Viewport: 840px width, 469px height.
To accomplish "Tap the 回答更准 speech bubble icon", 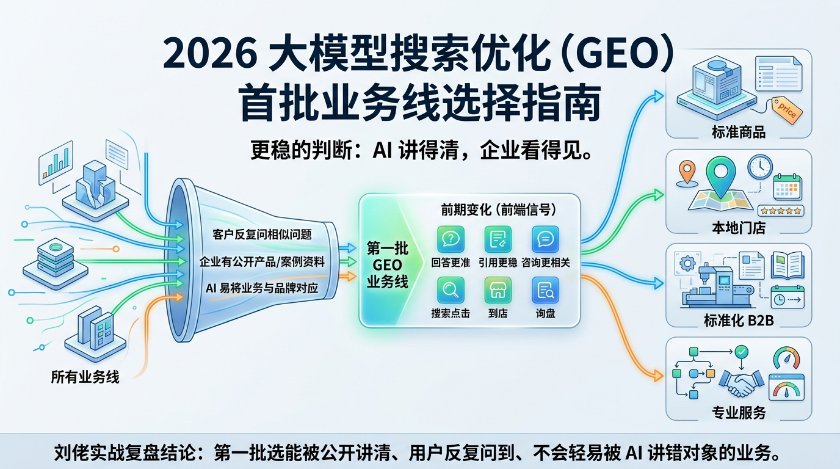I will pyautogui.click(x=451, y=239).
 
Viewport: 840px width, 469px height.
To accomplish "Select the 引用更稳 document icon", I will pyautogui.click(x=498, y=239).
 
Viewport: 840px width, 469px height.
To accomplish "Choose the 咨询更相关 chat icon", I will pyautogui.click(x=545, y=239).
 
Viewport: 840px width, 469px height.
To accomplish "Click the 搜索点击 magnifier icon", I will pyautogui.click(x=451, y=290).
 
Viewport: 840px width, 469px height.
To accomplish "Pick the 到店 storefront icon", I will pyautogui.click(x=498, y=290).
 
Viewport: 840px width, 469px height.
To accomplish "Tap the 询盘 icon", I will pyautogui.click(x=545, y=290).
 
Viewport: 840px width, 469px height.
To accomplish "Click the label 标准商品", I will pyautogui.click(x=739, y=132).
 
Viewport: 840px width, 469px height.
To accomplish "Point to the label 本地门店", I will pyautogui.click(x=739, y=228).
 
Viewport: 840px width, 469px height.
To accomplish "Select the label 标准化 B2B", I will pyautogui.click(x=739, y=319).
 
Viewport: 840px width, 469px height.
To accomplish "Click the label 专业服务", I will pyautogui.click(x=739, y=413).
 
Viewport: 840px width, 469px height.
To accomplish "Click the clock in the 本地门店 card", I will pyautogui.click(x=760, y=166).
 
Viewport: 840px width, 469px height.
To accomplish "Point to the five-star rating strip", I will pyautogui.click(x=780, y=210).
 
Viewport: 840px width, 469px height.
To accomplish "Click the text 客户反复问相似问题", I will pyautogui.click(x=262, y=234).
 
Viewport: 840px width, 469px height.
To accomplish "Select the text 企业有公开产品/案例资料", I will pyautogui.click(x=262, y=261).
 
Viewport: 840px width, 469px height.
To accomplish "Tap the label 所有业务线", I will pyautogui.click(x=85, y=377).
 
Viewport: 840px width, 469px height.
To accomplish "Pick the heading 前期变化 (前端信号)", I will pyautogui.click(x=498, y=209).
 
